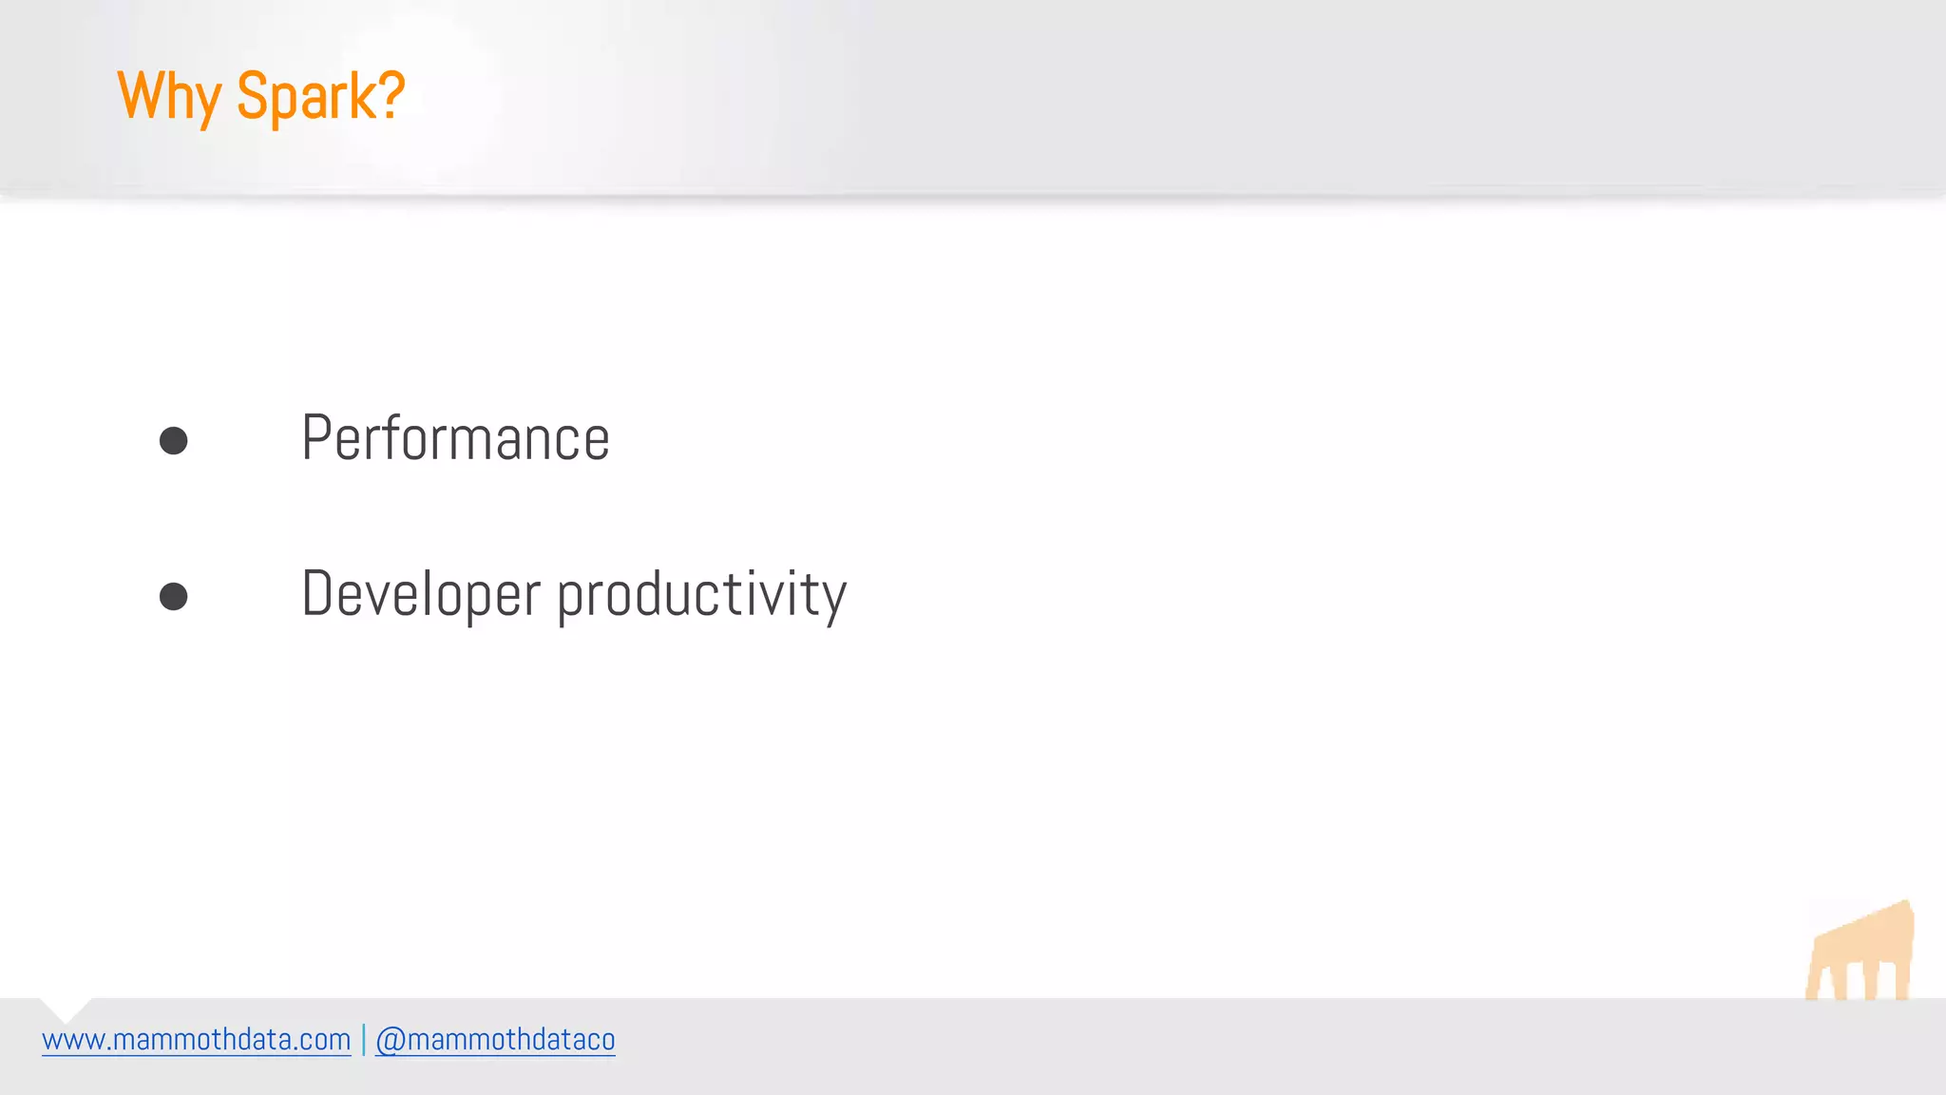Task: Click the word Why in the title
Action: point(170,96)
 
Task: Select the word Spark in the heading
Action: point(307,96)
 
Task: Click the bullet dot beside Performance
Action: point(173,440)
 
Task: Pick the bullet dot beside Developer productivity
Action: point(173,596)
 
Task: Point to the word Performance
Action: point(455,438)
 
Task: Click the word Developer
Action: point(421,594)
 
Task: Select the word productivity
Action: point(701,594)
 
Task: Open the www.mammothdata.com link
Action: point(197,1040)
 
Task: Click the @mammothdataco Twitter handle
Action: point(495,1040)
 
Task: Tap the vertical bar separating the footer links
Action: point(363,1040)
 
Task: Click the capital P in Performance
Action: point(316,438)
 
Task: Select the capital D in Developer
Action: point(318,594)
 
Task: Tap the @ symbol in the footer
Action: point(390,1041)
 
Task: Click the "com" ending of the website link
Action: point(328,1041)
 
